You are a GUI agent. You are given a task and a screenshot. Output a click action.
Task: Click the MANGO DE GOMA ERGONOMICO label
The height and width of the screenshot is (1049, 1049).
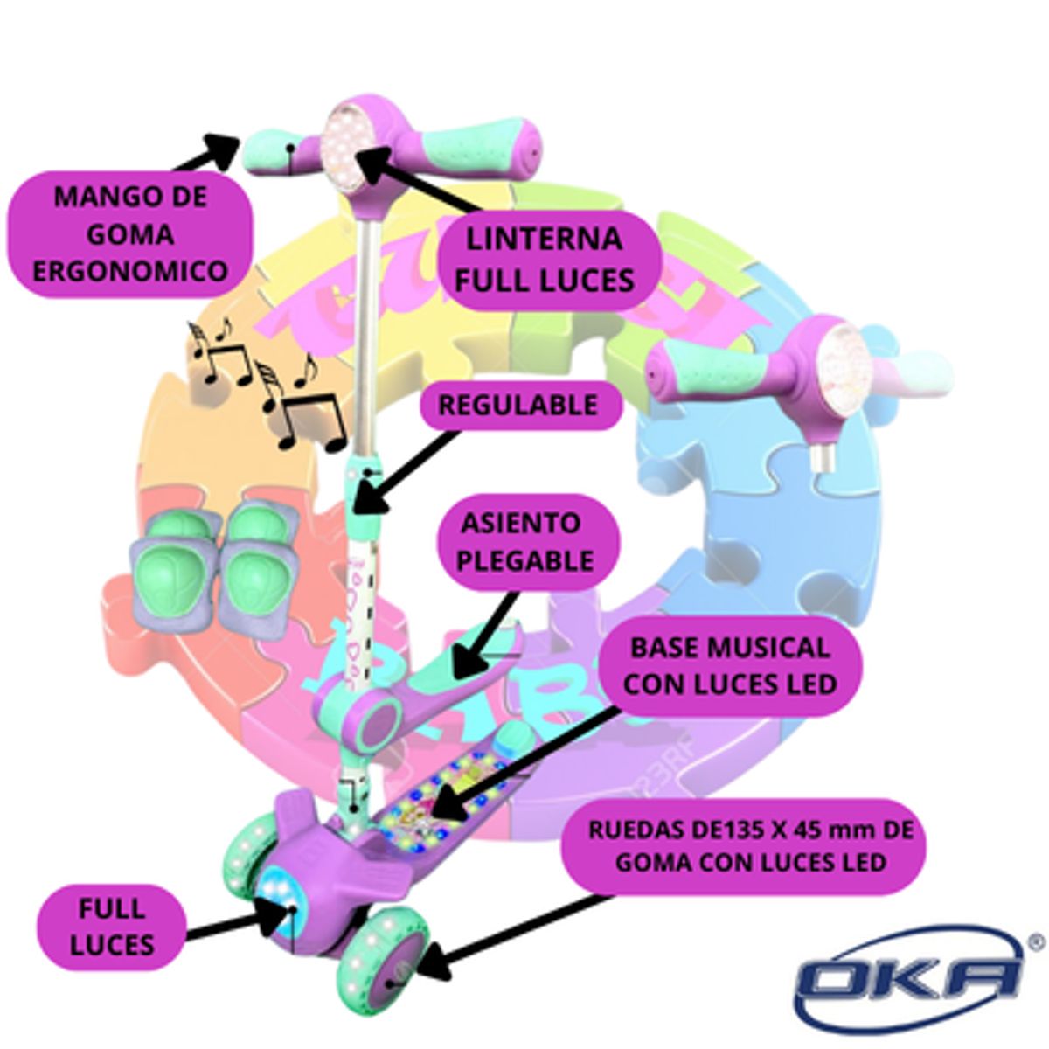(x=131, y=233)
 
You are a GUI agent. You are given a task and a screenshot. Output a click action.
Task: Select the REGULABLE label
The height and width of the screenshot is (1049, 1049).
(x=518, y=406)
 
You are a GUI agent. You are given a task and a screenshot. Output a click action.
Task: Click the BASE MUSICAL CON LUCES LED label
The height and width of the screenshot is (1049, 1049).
(x=729, y=666)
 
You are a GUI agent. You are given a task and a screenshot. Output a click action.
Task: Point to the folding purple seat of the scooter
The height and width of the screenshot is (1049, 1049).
(x=411, y=691)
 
